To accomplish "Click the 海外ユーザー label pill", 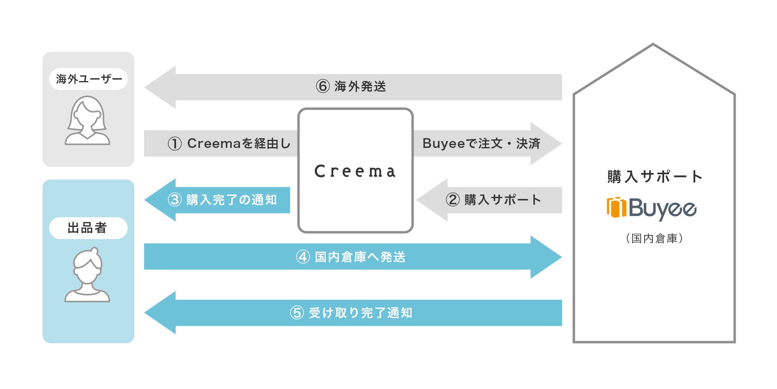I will (88, 79).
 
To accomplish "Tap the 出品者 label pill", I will (88, 228).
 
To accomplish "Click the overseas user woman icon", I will (87, 121).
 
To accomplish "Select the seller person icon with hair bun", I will (87, 275).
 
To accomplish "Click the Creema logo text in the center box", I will (355, 171).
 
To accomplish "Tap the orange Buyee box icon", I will (616, 207).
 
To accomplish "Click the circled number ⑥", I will (323, 86).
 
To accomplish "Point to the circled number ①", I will (174, 143).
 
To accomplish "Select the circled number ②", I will (452, 200).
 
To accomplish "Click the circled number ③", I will (174, 200).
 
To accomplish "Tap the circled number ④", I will (303, 257).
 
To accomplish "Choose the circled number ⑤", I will (297, 313).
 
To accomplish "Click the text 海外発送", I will (360, 86).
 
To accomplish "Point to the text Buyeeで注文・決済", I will (481, 143).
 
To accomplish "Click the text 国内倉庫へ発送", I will (360, 257).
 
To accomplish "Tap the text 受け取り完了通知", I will (361, 313).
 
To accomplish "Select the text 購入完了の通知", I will (231, 200).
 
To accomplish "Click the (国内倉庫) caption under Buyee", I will (654, 238).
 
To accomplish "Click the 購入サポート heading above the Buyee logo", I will (654, 177).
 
